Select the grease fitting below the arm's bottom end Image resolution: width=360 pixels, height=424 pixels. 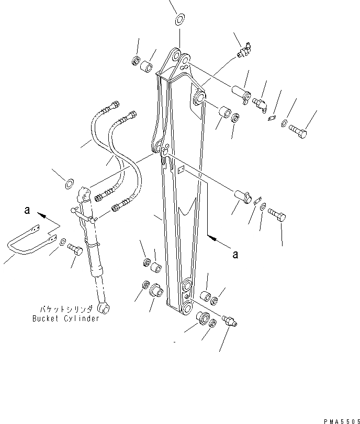[230, 320]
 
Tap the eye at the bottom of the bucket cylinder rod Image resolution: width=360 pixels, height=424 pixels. [105, 308]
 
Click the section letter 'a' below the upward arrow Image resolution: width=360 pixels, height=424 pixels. [235, 255]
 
